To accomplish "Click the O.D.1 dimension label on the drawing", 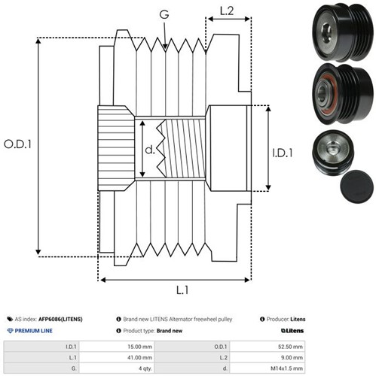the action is coord(17,144).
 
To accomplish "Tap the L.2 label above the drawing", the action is coord(227,11).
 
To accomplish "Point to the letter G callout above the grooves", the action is coord(164,14).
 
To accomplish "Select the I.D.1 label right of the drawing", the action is coord(283,153).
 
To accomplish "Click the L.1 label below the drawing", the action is coord(182,290).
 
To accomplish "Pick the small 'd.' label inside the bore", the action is coord(150,150).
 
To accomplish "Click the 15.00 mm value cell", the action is coord(139,347).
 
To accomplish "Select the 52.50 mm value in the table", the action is coord(290,347).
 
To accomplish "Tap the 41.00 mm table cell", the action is coord(139,357).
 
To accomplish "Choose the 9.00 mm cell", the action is coord(292,357).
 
